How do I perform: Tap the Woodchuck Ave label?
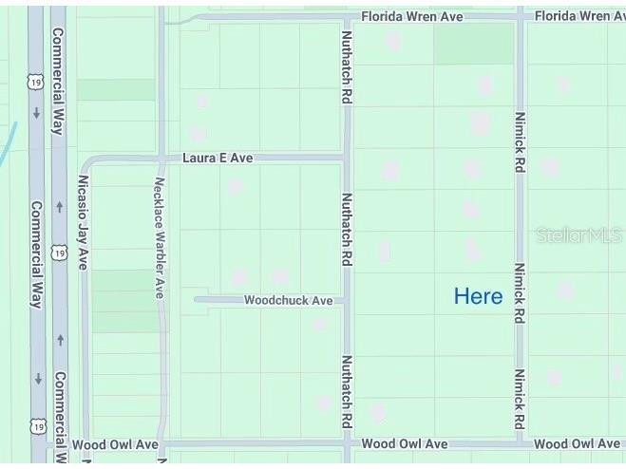[x=289, y=300]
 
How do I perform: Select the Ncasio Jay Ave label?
[x=84, y=221]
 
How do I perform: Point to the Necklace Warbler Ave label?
[x=160, y=237]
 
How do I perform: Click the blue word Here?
[x=478, y=296]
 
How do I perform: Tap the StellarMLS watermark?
[x=579, y=234]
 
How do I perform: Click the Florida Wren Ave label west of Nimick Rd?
[x=412, y=16]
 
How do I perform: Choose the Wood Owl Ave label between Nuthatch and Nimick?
[x=405, y=443]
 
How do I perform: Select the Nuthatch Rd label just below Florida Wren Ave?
[x=347, y=66]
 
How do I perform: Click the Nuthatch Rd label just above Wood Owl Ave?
[x=347, y=393]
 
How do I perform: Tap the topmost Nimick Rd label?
[x=520, y=143]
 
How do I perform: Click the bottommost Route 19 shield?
[x=38, y=426]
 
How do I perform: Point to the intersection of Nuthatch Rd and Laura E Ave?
[x=347, y=158]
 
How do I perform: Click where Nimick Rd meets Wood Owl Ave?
[x=520, y=443]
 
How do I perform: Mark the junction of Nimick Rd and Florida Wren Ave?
[x=520, y=16]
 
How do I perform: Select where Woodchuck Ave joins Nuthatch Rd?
[x=347, y=300]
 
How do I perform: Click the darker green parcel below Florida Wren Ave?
[x=474, y=44]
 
